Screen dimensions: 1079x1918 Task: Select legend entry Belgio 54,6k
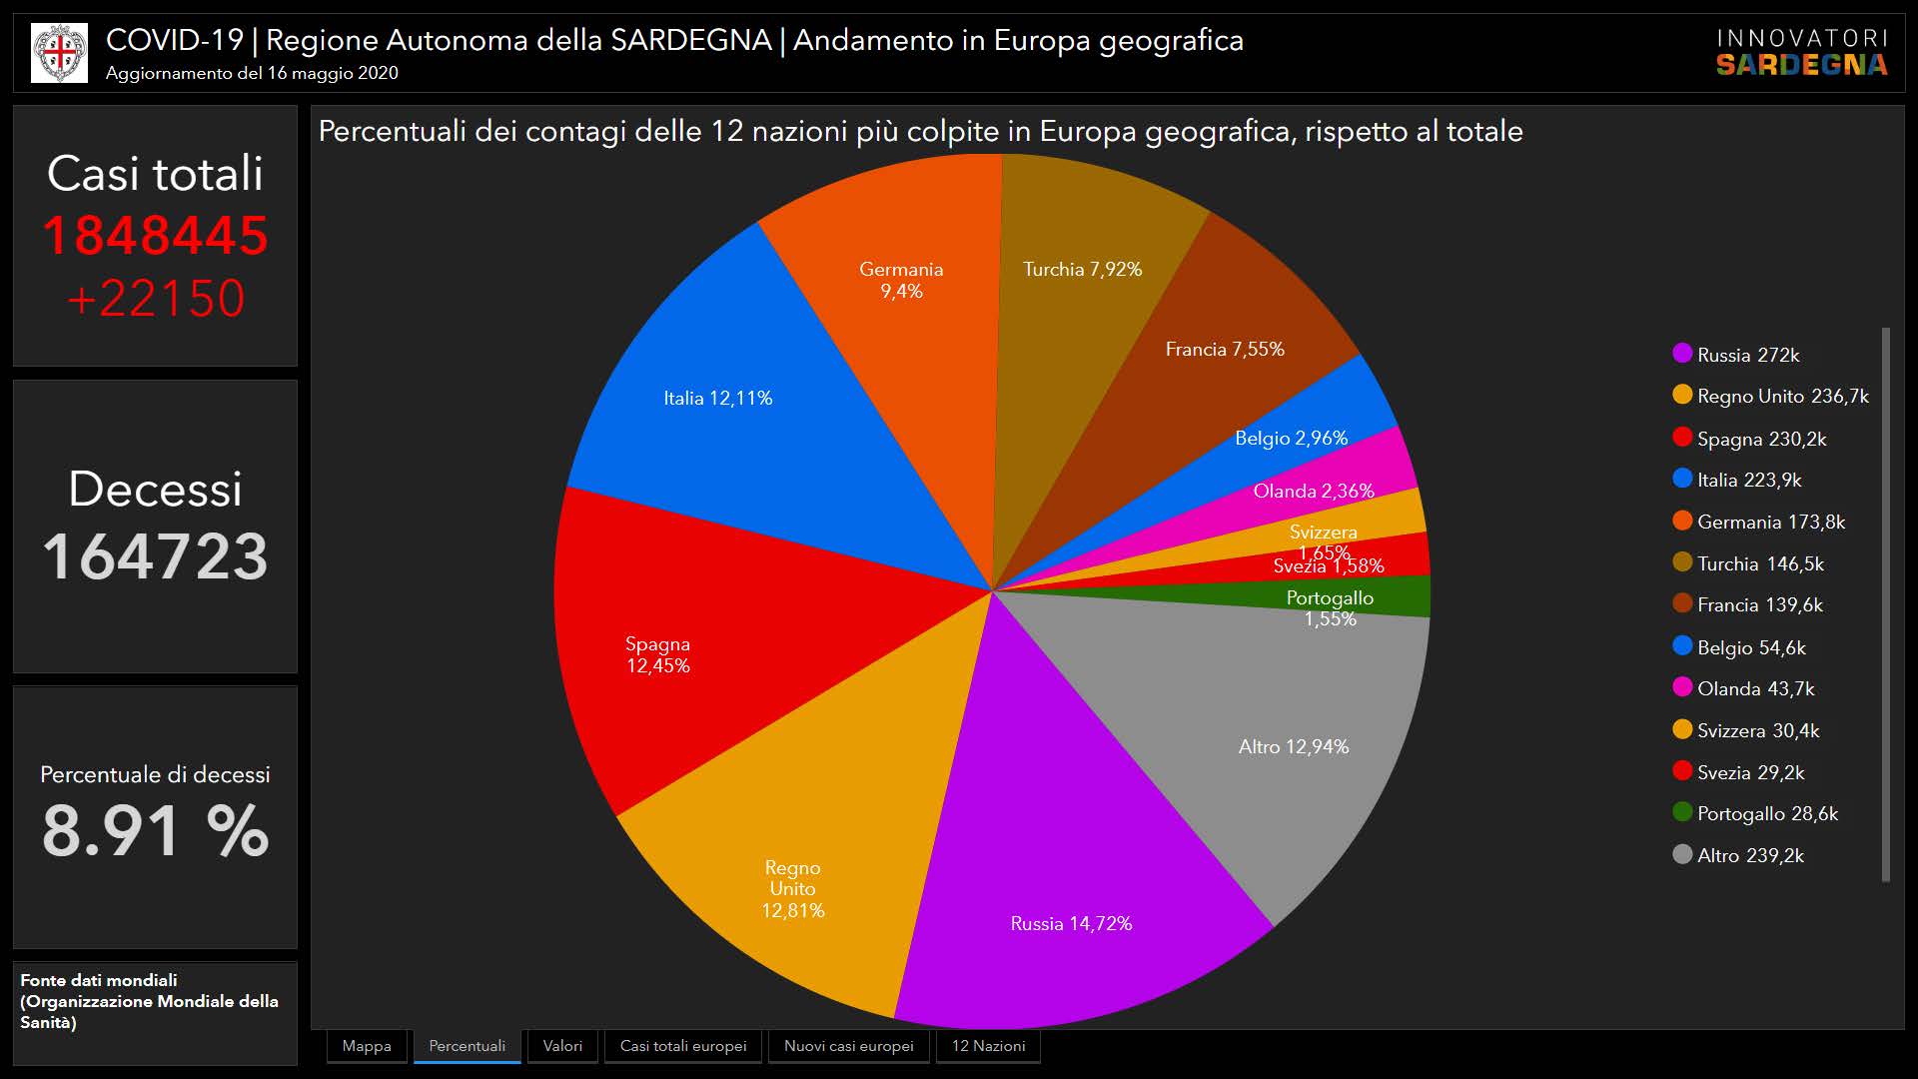1750,647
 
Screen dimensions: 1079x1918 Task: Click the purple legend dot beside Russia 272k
1682,354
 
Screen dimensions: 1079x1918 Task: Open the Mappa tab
367,1046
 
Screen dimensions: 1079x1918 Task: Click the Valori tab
562,1046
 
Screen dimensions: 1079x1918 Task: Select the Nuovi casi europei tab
848,1046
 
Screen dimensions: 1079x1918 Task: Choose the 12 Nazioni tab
988,1046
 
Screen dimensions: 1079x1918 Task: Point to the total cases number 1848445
156,236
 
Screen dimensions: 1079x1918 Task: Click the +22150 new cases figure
156,298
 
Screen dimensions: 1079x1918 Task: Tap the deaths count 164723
156,556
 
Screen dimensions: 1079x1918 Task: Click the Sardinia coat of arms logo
59,53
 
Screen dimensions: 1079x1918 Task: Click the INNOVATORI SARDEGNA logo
1802,53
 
